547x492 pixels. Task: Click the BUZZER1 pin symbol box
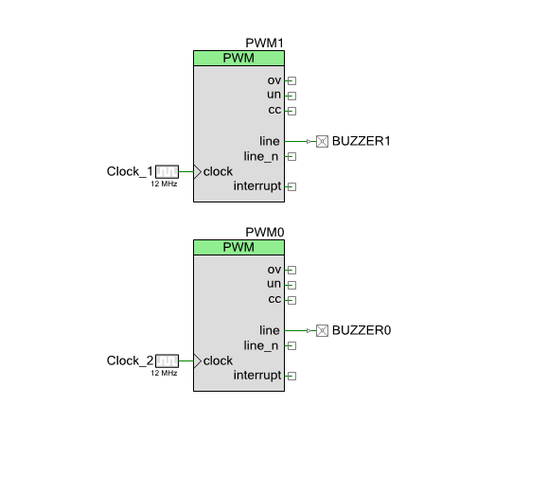[322, 142]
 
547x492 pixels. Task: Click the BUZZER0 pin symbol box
[322, 330]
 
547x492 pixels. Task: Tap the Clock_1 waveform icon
[167, 171]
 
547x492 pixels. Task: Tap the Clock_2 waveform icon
[167, 360]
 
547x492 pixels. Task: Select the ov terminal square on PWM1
[292, 80]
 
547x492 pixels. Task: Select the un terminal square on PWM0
[292, 285]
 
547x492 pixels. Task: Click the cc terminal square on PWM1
[292, 111]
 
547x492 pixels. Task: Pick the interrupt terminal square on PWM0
[292, 376]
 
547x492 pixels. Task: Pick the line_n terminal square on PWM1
[292, 156]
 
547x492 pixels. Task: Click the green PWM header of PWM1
[239, 59]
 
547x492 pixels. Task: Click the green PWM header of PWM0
[239, 247]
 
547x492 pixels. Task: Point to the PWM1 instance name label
[264, 43]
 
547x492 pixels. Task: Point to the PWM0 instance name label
[265, 232]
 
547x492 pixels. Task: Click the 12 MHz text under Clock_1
[164, 184]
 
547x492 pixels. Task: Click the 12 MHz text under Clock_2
[164, 373]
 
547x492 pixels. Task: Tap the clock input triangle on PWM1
[197, 172]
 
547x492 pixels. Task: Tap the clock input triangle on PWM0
[197, 360]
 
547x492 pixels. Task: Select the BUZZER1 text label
[362, 141]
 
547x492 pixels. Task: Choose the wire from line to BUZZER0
[300, 330]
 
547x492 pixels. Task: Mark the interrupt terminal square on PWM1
[292, 187]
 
